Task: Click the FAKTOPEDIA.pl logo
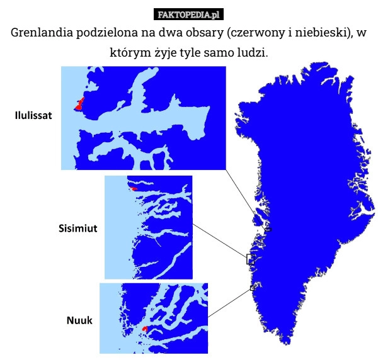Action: point(188,13)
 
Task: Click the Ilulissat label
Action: point(33,116)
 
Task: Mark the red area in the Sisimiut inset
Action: point(134,188)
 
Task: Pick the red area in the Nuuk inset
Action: point(145,329)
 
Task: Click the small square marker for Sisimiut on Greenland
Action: point(250,259)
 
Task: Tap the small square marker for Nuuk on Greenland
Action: point(252,288)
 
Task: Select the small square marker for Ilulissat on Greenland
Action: point(268,228)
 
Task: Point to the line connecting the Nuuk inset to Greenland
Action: point(230,302)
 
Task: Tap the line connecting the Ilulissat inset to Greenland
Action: point(246,198)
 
